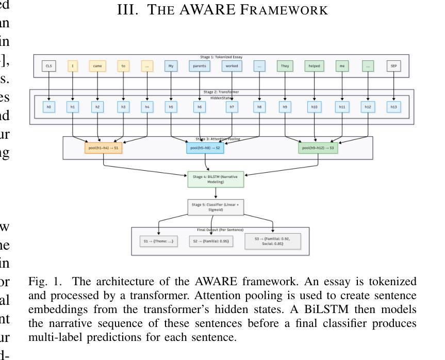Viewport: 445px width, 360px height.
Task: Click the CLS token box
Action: coord(49,66)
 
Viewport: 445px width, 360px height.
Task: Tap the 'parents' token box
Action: coord(199,66)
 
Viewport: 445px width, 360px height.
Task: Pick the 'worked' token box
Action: coord(232,66)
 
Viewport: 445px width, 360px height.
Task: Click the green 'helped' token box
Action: coord(314,66)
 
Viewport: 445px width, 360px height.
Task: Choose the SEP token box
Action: coord(394,66)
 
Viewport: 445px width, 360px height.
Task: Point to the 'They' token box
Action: coord(285,66)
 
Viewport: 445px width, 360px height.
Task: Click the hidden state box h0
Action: coord(49,107)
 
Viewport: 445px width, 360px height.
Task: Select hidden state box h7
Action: coord(232,107)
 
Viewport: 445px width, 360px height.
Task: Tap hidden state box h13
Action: coord(394,107)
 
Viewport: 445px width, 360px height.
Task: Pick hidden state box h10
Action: coord(314,107)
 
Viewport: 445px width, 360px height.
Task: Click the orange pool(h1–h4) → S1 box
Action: coord(104,148)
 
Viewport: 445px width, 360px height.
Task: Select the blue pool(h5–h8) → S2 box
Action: coord(205,148)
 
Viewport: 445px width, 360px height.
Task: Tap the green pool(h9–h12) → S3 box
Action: coord(318,148)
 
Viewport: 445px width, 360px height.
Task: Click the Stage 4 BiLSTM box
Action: coord(216,179)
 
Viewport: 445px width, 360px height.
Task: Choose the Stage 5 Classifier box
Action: coord(216,207)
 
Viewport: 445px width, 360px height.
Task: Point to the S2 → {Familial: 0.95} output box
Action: coord(211,241)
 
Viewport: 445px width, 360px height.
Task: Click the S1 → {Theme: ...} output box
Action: coord(159,241)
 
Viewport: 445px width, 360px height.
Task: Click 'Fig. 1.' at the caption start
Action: coord(45,282)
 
